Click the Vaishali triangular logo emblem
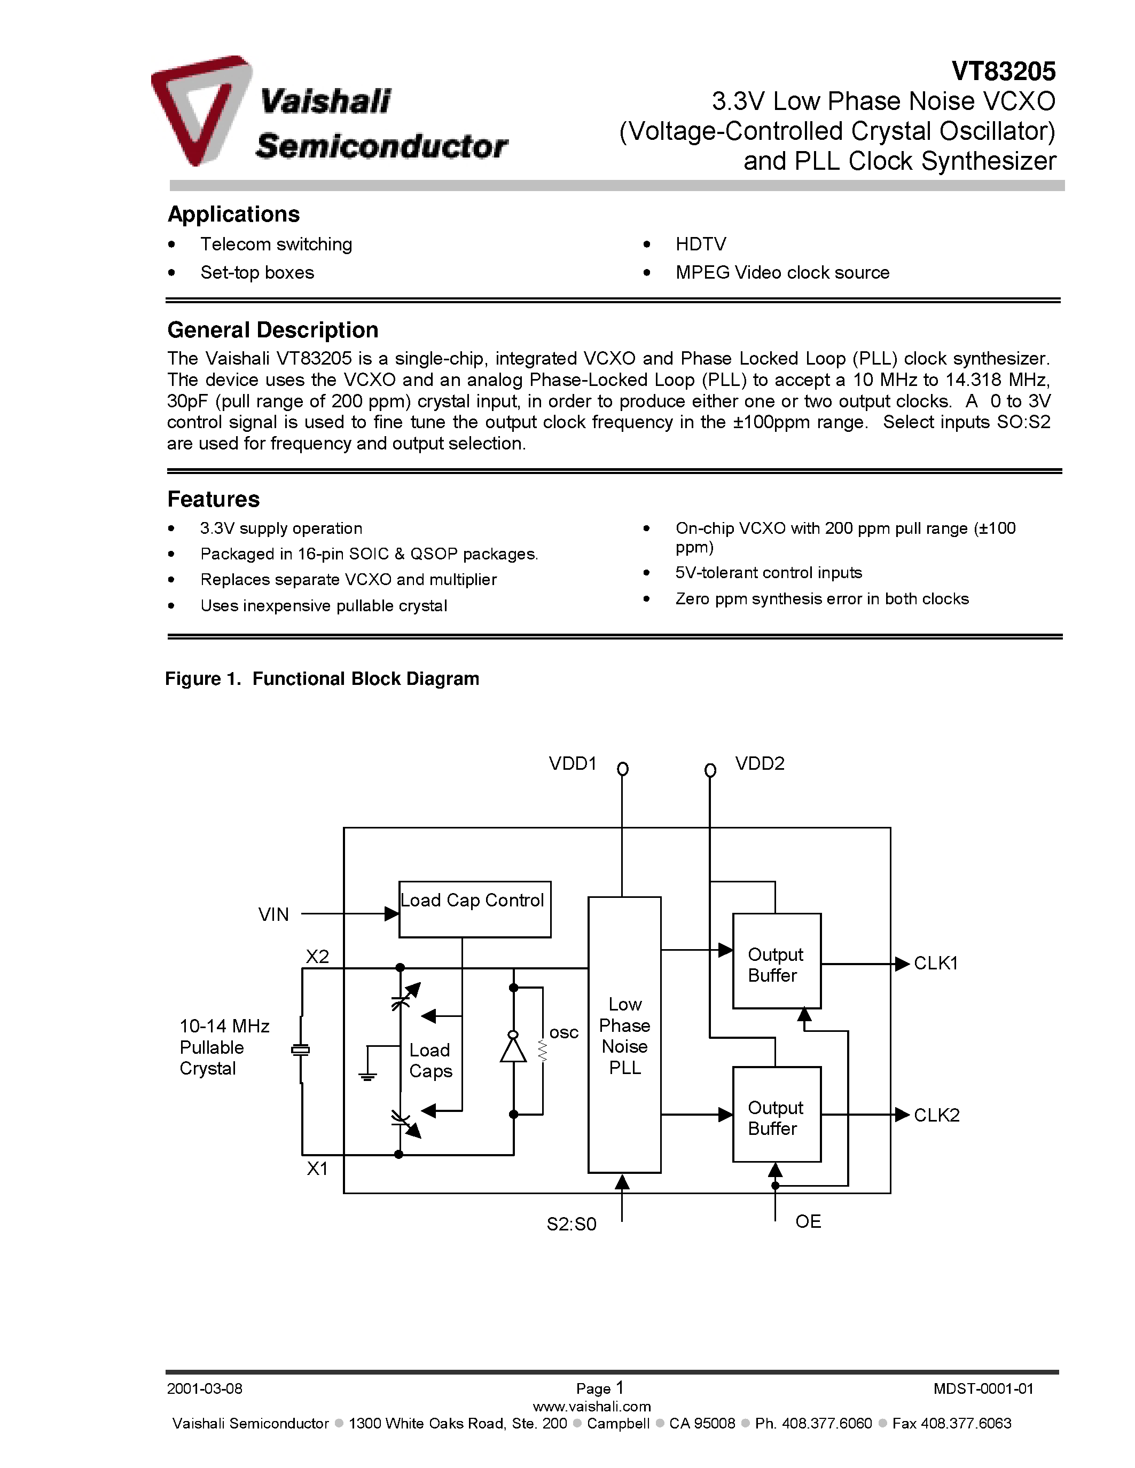coord(200,109)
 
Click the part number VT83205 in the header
coord(1003,71)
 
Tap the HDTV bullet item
coord(700,244)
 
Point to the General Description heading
coord(272,330)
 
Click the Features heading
coord(213,500)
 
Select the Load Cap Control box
coord(474,909)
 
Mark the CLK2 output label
coord(936,1115)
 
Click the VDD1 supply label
coord(572,763)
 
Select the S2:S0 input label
coord(571,1224)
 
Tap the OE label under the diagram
coord(808,1221)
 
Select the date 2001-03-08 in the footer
coord(205,1388)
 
